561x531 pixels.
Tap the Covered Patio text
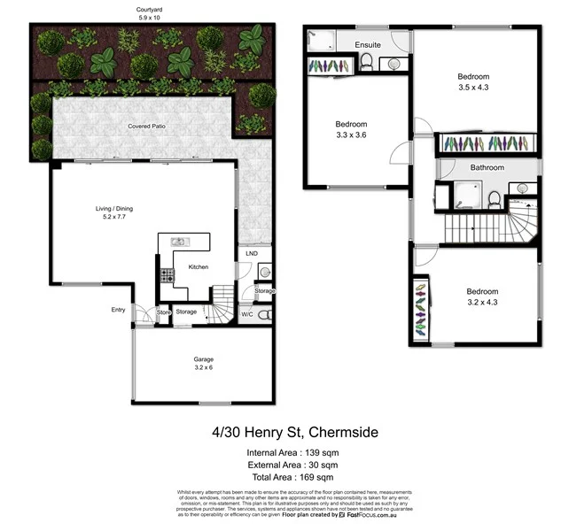[x=145, y=126]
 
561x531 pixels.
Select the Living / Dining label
[x=114, y=209]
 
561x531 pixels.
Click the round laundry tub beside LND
[x=263, y=273]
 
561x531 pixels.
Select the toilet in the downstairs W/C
[x=265, y=314]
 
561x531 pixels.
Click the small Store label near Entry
[x=163, y=312]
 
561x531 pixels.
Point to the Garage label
[x=204, y=358]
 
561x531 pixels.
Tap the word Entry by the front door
[x=118, y=309]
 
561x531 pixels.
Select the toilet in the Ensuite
[x=365, y=61]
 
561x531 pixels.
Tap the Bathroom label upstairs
[x=487, y=167]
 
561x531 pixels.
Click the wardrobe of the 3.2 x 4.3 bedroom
[x=419, y=310]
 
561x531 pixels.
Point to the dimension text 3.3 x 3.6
[x=351, y=134]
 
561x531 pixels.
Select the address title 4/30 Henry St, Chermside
[x=280, y=432]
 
